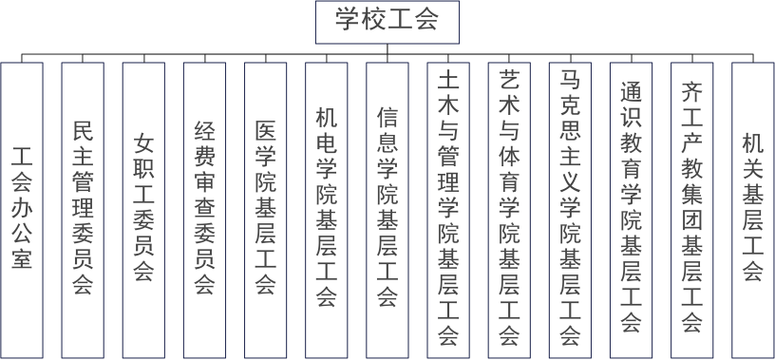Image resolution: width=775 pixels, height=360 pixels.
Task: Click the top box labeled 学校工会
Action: point(387,22)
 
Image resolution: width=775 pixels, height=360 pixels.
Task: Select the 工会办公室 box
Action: point(22,210)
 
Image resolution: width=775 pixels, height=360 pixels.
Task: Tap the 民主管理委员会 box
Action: point(83,210)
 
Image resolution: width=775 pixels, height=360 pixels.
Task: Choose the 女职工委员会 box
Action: point(143,210)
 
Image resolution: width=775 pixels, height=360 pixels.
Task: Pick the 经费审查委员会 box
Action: point(204,210)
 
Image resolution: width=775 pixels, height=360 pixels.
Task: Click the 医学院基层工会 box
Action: point(265,210)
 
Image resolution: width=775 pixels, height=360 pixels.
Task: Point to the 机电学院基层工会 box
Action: point(326,210)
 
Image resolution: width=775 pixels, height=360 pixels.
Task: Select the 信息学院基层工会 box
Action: point(387,210)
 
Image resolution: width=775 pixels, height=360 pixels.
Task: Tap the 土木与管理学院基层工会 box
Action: point(448,210)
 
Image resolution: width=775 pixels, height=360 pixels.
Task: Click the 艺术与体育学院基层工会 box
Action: point(509,210)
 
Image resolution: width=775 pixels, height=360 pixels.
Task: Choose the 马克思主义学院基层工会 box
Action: point(570,210)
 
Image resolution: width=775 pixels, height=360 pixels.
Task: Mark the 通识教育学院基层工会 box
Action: point(632,210)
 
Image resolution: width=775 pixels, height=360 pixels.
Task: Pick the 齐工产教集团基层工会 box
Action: point(692,210)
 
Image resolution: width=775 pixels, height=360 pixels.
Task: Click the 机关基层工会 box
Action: point(753,210)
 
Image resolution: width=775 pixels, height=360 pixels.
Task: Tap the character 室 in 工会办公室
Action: point(22,256)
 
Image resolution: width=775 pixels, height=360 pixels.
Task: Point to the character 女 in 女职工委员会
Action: point(143,144)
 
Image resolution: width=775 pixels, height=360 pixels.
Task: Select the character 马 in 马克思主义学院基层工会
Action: point(570,81)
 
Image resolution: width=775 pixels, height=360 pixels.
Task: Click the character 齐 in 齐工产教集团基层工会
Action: point(692,92)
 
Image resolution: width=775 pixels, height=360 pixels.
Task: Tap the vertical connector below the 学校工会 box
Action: point(387,49)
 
